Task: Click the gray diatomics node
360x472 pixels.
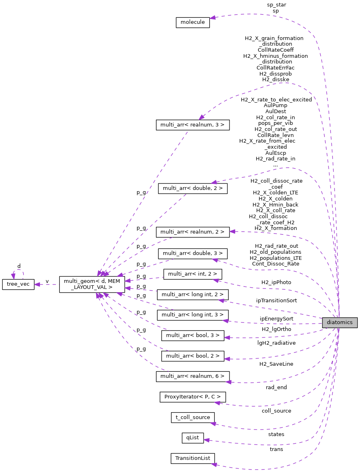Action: tap(339, 322)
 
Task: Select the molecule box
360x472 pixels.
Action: tap(193, 22)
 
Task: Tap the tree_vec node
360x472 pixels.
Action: tap(19, 284)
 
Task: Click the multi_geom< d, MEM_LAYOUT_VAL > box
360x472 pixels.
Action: tap(92, 284)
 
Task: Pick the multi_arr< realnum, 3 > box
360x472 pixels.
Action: tap(192, 125)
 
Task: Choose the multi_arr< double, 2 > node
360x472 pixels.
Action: tap(192, 188)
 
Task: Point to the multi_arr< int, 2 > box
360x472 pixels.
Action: tap(192, 274)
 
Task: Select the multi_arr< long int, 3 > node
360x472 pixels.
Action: tap(192, 314)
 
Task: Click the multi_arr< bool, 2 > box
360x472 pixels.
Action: tap(192, 356)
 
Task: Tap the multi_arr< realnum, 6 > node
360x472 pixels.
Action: tap(192, 377)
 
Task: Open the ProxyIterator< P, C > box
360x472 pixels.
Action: tap(192, 397)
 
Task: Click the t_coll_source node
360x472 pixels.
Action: tap(192, 417)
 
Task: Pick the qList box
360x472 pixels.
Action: tap(193, 438)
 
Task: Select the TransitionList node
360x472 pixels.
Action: tap(192, 458)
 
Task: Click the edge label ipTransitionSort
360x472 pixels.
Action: tap(276, 301)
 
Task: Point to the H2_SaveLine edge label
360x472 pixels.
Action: tap(276, 364)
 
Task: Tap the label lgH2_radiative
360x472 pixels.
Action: tap(276, 343)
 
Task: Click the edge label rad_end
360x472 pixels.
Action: tap(276, 387)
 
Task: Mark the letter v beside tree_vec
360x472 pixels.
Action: tap(47, 281)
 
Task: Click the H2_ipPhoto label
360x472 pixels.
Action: tap(276, 282)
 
